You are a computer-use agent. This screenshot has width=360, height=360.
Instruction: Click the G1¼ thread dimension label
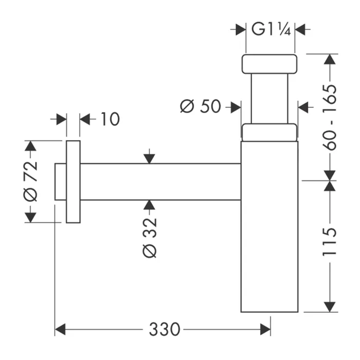(271, 29)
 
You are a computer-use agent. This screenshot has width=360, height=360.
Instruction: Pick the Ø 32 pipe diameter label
(149, 237)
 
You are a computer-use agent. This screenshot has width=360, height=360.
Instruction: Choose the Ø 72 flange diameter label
(31, 181)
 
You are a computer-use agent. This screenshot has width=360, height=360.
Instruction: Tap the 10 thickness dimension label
(109, 119)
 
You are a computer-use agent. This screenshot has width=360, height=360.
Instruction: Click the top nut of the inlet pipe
(269, 64)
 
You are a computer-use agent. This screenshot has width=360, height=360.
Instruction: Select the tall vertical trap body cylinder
(269, 226)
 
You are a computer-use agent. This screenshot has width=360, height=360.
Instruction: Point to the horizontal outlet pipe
(159, 182)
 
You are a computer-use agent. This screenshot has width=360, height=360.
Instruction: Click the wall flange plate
(73, 181)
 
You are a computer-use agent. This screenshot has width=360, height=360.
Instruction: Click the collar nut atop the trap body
(269, 132)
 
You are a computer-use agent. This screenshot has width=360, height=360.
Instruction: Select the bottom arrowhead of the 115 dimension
(330, 305)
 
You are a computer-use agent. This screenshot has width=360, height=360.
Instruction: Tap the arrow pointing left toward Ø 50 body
(304, 107)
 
